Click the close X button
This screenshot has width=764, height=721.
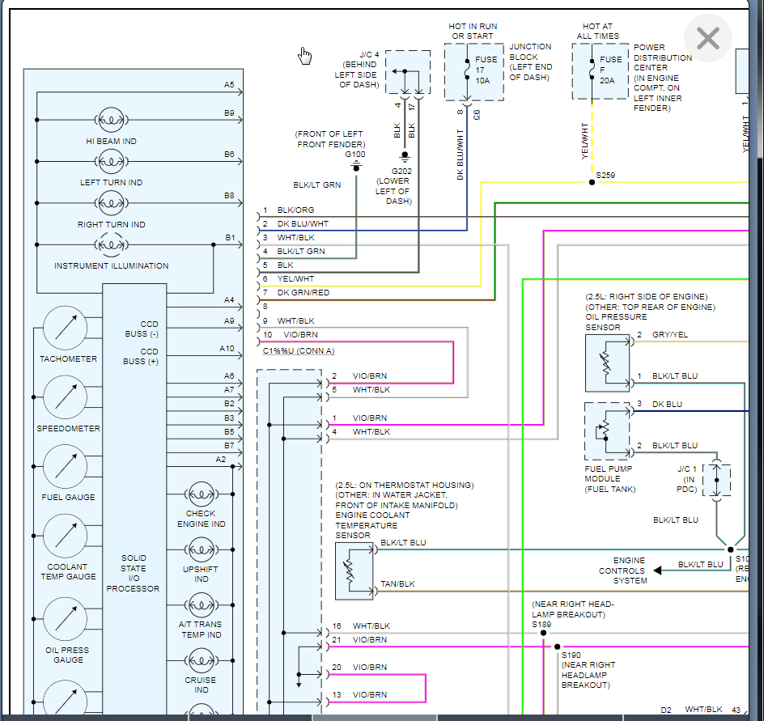click(708, 39)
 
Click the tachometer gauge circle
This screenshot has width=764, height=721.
click(66, 327)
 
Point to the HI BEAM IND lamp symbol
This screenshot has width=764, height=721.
click(111, 120)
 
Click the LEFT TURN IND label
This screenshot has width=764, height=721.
click(111, 183)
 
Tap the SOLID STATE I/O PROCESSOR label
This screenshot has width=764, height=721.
click(134, 573)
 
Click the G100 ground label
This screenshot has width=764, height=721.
click(355, 154)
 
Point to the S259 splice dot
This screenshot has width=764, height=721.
click(592, 182)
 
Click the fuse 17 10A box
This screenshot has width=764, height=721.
click(473, 73)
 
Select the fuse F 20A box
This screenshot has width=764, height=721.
click(601, 72)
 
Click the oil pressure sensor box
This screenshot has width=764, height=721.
click(608, 363)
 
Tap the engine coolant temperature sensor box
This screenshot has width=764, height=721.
click(354, 570)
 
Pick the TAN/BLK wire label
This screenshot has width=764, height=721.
click(397, 583)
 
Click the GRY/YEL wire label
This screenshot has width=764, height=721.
click(670, 334)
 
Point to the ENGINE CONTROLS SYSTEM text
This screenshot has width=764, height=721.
click(629, 570)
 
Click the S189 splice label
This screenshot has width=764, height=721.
click(541, 624)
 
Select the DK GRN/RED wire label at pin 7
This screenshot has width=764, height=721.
click(303, 293)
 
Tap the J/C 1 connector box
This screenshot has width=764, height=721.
click(716, 480)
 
